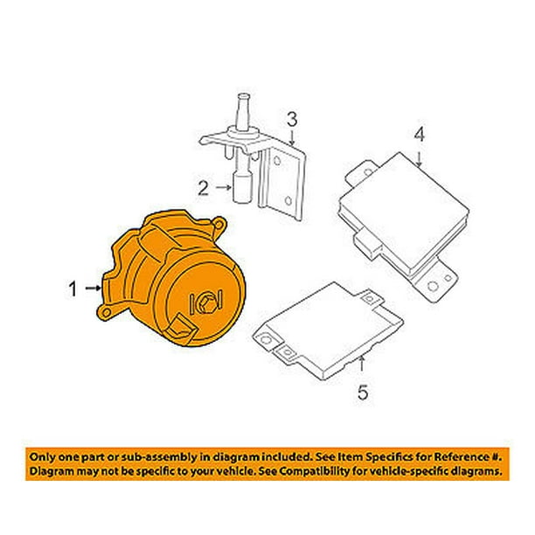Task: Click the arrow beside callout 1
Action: click(x=94, y=287)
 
